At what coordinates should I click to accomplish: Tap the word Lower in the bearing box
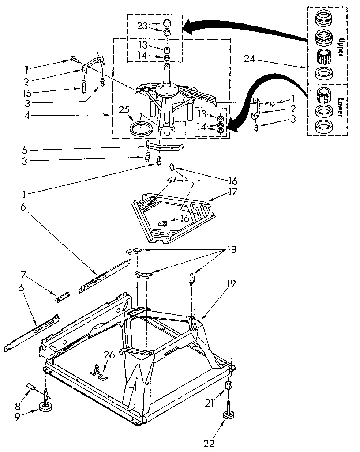[x=340, y=106]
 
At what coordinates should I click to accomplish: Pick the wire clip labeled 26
[x=101, y=371]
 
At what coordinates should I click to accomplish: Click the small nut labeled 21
[x=229, y=385]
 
